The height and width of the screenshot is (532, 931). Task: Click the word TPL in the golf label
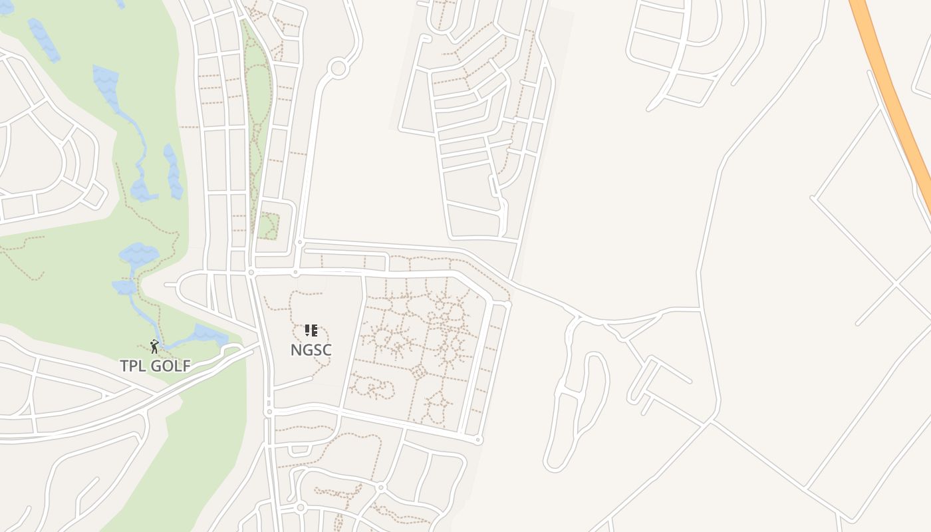point(133,366)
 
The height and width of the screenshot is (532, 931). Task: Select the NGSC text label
point(311,350)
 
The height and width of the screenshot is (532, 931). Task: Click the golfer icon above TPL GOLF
point(154,346)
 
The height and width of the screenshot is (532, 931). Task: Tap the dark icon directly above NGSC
point(311,330)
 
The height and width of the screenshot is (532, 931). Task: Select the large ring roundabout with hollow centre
point(338,68)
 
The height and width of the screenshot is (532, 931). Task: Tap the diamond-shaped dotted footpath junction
point(418,371)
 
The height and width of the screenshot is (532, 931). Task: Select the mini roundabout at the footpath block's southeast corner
point(478,440)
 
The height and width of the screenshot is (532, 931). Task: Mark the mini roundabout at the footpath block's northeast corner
point(507,305)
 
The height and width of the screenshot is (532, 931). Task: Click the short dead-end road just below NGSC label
point(293,382)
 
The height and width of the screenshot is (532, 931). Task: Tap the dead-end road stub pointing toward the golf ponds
point(172,285)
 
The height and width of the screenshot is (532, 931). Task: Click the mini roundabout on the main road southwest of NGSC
point(269,412)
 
